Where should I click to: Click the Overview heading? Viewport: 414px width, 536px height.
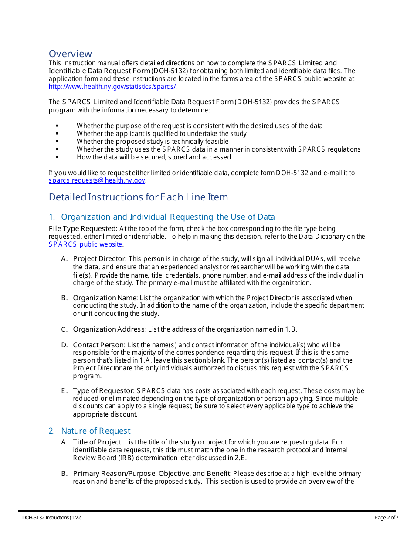click(70, 54)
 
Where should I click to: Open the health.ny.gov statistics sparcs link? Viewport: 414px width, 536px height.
click(112, 86)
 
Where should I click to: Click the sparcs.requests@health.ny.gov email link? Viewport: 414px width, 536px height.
click(97, 180)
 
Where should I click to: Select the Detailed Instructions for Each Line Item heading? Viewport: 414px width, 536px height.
click(138, 197)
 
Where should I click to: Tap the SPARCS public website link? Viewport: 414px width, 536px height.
click(85, 244)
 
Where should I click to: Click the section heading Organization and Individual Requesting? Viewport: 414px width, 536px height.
click(168, 217)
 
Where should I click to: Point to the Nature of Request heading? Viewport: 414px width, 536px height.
click(95, 431)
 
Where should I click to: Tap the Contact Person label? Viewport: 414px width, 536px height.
click(99, 345)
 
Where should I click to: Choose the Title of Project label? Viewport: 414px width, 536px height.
click(98, 442)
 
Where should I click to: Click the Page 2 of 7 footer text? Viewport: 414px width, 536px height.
click(386, 518)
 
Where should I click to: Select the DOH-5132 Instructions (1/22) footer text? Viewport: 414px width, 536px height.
click(52, 518)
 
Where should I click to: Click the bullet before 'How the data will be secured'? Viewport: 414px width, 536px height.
click(57, 157)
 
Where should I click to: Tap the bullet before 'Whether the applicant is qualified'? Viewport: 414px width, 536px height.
click(57, 134)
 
